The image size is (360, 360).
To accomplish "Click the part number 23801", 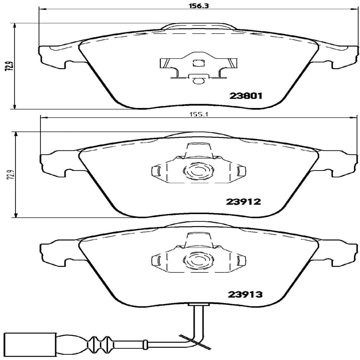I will click(x=246, y=96).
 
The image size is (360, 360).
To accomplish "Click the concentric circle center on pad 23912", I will click(x=198, y=171).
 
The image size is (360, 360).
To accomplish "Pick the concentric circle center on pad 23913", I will click(x=198, y=261).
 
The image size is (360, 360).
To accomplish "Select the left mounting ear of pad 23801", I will click(x=53, y=56).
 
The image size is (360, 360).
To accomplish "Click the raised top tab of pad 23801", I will click(x=198, y=27).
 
